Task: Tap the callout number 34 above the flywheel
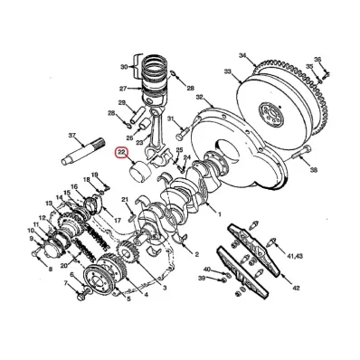tap(242, 55)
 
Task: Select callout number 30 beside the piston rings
tap(125, 67)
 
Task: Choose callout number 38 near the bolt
tap(313, 169)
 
